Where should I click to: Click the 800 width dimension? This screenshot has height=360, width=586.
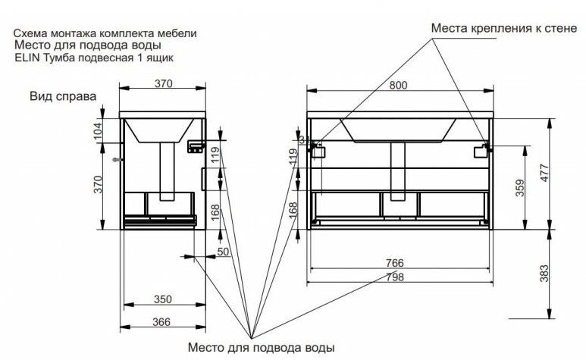coord(399,86)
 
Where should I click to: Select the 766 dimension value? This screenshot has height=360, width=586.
coord(394,262)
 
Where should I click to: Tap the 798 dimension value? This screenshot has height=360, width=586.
coord(394,277)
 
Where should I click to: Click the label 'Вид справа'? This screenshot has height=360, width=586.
coord(63,97)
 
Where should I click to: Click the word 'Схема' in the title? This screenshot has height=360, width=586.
coord(31,34)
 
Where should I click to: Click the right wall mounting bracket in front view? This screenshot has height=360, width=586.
coord(481,152)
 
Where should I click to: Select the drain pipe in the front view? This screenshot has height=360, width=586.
coord(398,168)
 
